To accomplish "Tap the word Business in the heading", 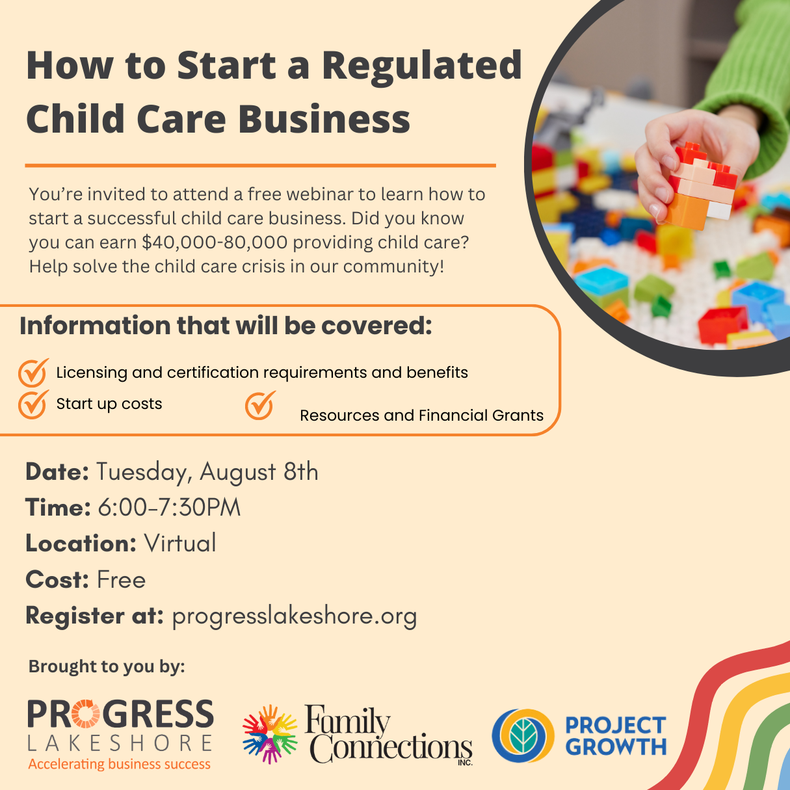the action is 324,118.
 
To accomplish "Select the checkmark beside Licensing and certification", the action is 33,373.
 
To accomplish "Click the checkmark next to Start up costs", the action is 33,404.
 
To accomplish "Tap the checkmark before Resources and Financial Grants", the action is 260,406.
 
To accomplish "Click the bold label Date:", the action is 57,472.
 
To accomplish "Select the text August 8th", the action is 259,472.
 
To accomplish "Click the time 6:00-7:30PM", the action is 169,508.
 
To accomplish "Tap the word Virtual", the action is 179,543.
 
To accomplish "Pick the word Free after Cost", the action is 122,580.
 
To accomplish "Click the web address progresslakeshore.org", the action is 295,616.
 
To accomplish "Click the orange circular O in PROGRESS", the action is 85,714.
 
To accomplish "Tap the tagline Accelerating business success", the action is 119,764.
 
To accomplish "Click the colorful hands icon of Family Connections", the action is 269,734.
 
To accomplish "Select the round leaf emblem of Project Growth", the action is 523,735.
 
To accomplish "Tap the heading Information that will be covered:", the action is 226,326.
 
